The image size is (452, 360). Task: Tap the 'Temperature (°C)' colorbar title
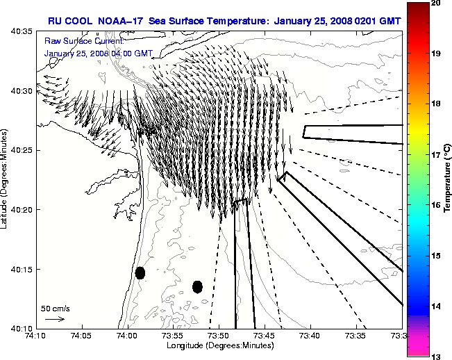[449, 179]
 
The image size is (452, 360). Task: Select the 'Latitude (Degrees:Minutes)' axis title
[6, 179]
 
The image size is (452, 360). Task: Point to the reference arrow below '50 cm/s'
[56, 319]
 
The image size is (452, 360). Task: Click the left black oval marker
[140, 272]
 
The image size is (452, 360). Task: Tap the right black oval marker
[197, 286]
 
